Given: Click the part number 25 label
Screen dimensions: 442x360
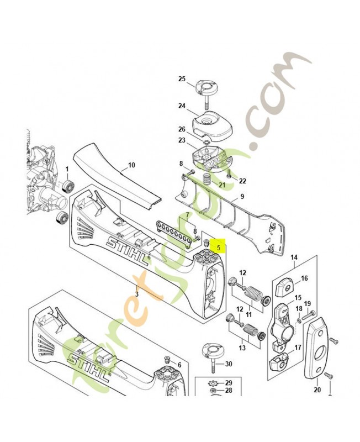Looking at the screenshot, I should [182, 79].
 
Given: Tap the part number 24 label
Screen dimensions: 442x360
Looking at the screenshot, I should [182, 106].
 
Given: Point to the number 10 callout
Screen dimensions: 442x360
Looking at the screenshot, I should [131, 165].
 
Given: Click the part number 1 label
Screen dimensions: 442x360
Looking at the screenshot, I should [67, 169].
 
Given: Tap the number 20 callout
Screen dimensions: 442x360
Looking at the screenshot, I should [317, 390].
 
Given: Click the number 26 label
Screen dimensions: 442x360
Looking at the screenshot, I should [182, 129].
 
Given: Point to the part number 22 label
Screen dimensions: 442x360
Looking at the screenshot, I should [242, 181].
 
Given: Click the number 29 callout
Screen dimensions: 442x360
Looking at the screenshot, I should [229, 383].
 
